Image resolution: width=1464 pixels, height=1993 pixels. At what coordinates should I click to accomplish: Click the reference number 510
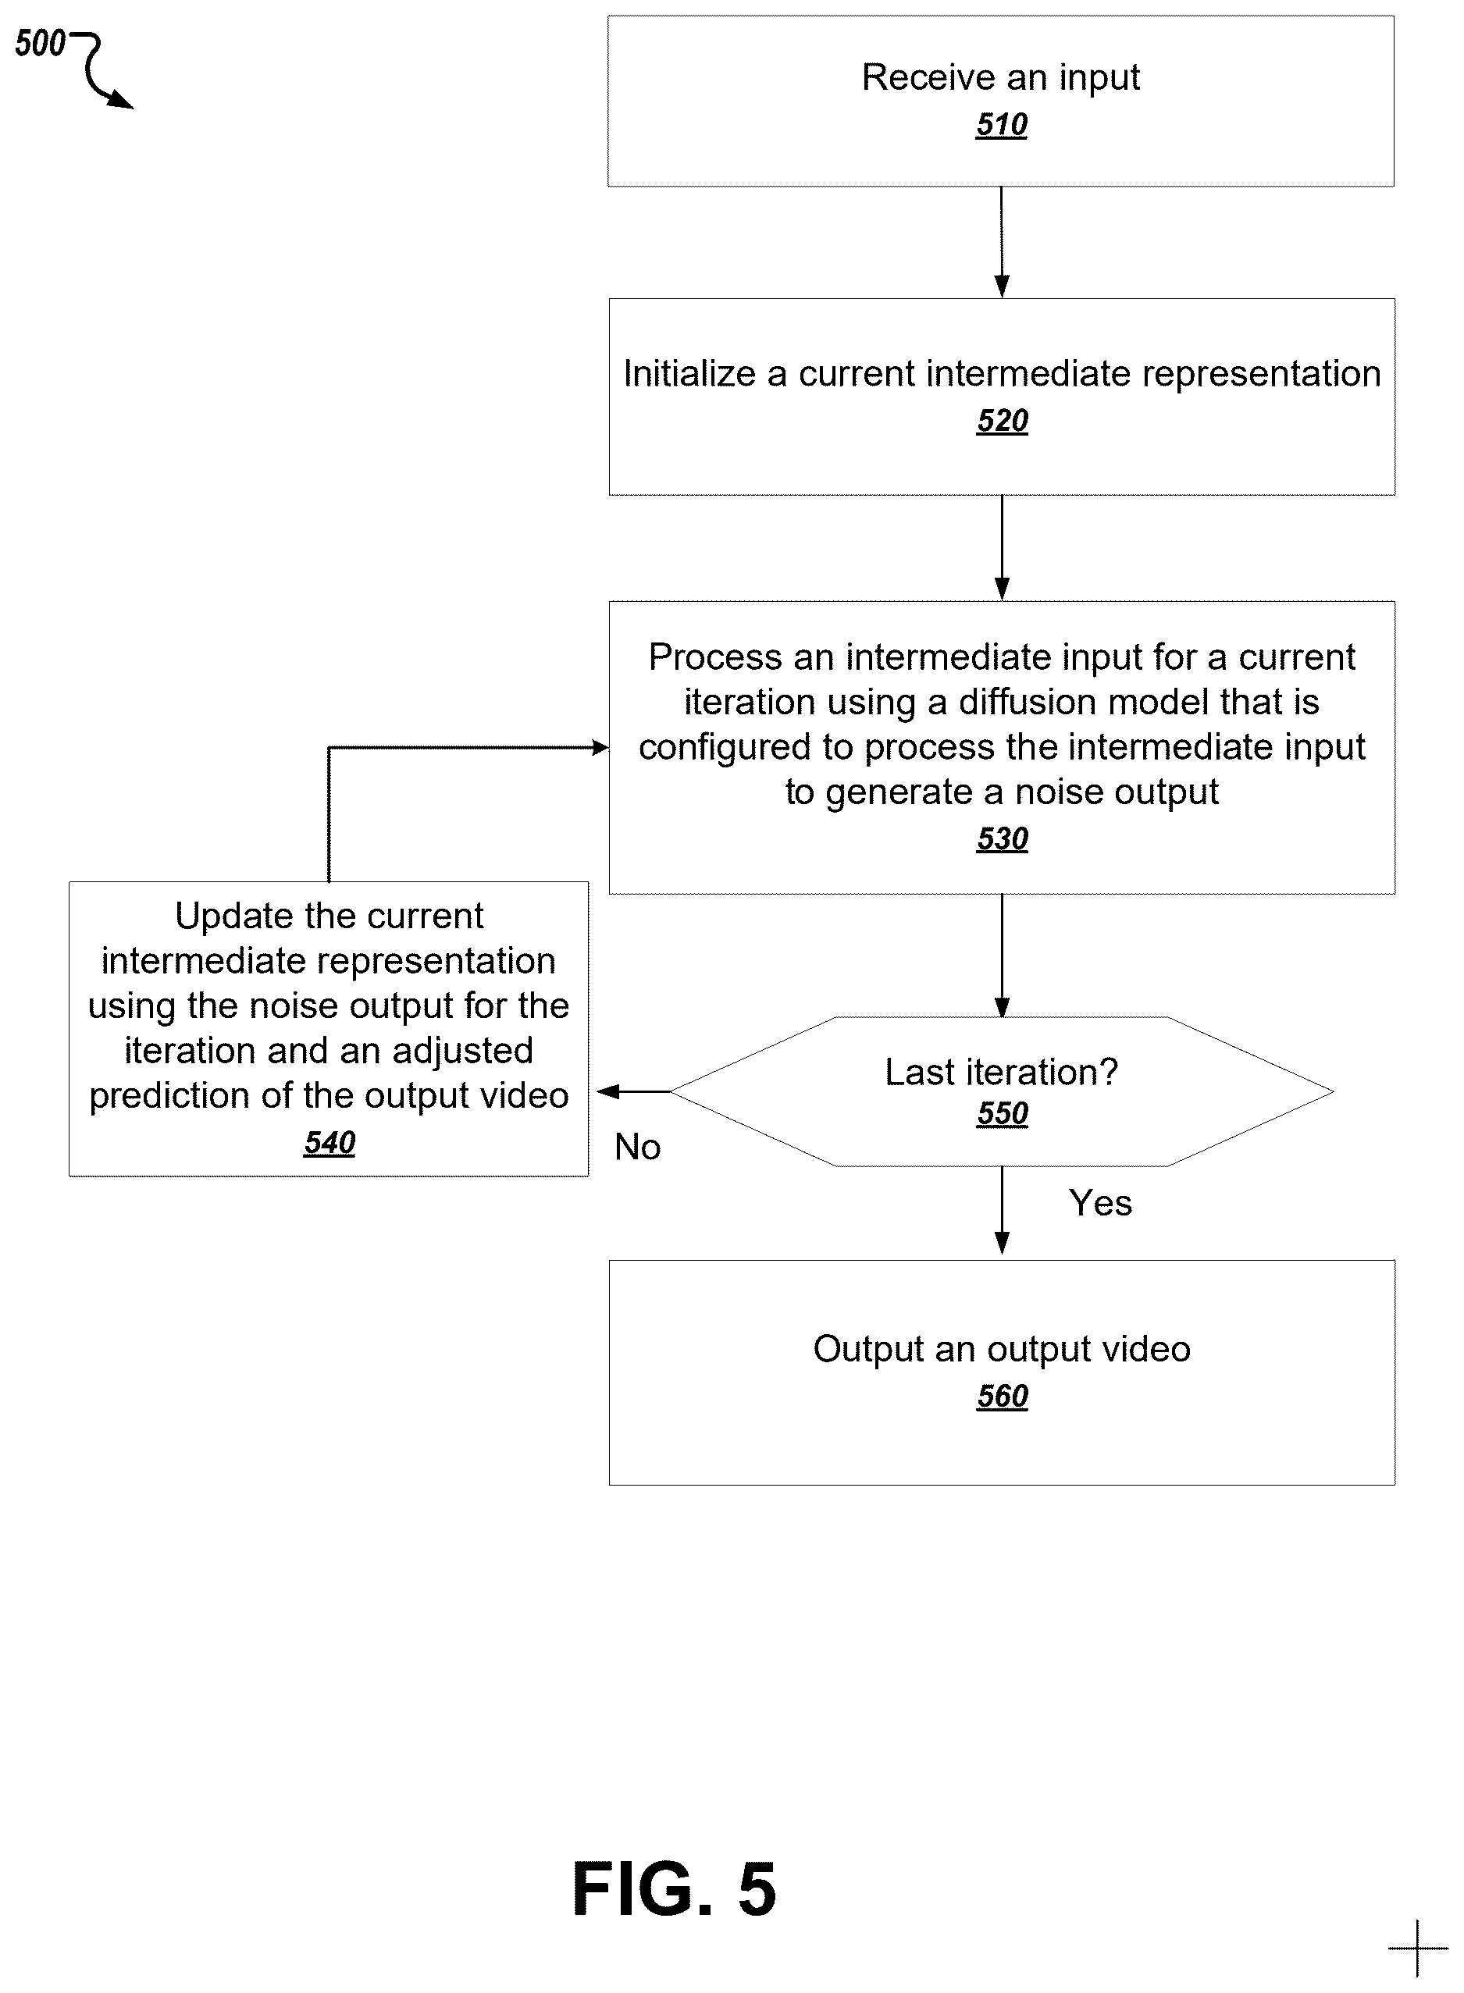click(1002, 125)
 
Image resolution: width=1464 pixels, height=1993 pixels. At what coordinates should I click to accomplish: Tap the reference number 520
click(1003, 421)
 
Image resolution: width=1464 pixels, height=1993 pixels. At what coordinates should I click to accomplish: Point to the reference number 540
click(329, 1143)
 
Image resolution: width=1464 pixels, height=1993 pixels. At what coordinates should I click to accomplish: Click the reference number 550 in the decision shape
click(1003, 1113)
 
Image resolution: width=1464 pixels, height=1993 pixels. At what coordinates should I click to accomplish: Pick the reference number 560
click(1003, 1396)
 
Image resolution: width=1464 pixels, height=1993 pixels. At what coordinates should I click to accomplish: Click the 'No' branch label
click(637, 1147)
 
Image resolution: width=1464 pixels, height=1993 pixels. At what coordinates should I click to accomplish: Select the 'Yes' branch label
click(1100, 1203)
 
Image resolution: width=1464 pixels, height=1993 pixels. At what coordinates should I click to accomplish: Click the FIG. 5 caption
click(675, 1889)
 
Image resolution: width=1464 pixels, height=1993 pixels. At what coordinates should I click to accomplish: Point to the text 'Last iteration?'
click(1002, 1072)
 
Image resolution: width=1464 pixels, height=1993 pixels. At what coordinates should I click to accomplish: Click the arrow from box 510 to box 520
click(1002, 242)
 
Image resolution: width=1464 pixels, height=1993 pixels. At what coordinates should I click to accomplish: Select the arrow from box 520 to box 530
click(1003, 547)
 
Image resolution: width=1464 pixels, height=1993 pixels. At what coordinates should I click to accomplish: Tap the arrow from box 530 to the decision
click(1003, 956)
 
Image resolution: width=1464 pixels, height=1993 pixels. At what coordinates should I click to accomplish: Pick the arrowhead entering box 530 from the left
click(600, 748)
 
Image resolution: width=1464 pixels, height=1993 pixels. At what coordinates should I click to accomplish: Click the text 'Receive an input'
click(1000, 78)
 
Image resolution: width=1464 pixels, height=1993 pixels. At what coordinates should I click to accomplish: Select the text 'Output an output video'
click(1002, 1349)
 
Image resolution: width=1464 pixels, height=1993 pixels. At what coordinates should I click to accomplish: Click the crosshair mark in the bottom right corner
click(1418, 1948)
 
